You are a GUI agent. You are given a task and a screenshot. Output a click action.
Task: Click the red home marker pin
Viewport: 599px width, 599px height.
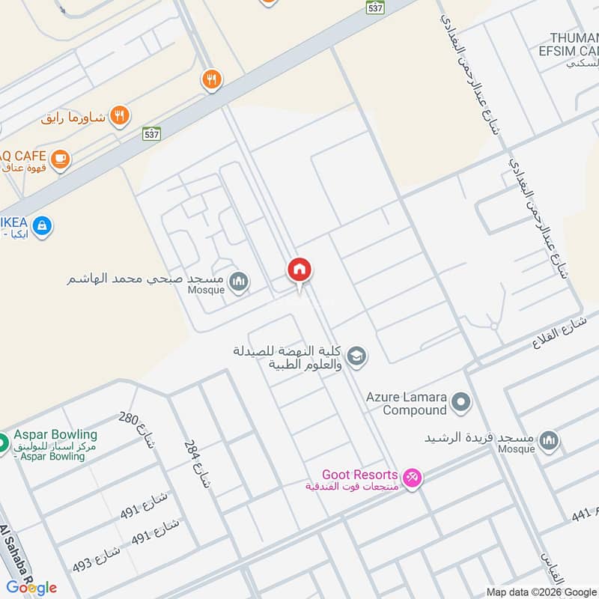[299, 270]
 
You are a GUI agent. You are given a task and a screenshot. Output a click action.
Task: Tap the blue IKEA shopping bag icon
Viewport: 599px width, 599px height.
[43, 225]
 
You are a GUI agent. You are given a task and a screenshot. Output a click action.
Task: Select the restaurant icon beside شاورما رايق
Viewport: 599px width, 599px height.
[119, 115]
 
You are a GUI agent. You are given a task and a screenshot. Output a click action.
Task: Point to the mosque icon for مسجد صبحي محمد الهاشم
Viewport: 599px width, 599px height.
[240, 282]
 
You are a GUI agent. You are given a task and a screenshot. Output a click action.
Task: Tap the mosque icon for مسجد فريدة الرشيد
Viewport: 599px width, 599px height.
[549, 440]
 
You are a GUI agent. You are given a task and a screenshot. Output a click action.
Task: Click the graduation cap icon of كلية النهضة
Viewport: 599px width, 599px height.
[358, 356]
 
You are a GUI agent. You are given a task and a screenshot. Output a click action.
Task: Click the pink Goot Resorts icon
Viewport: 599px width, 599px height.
[411, 477]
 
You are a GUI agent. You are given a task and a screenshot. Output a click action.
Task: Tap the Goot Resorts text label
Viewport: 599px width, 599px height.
[359, 475]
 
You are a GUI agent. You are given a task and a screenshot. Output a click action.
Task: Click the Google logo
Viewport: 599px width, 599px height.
[31, 587]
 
